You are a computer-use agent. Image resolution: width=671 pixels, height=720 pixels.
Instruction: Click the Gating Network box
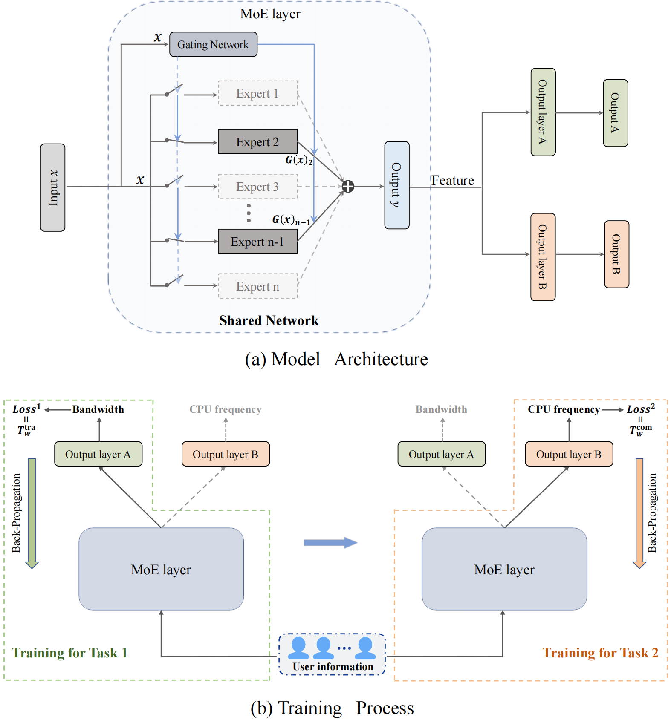click(x=213, y=44)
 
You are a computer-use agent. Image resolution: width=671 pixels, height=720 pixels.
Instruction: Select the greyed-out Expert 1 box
click(x=257, y=93)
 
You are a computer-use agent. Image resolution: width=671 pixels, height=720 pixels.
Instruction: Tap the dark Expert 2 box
click(x=257, y=141)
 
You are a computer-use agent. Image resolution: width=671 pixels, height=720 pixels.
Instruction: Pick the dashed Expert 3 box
click(x=257, y=187)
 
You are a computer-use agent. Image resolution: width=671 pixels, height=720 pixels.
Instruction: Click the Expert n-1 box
click(x=257, y=242)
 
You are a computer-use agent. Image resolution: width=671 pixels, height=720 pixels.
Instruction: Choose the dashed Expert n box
click(x=257, y=286)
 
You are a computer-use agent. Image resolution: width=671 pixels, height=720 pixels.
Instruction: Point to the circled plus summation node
click(x=348, y=187)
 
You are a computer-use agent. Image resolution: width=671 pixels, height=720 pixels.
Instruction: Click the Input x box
click(x=53, y=187)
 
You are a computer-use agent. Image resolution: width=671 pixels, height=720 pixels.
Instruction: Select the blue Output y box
click(x=396, y=185)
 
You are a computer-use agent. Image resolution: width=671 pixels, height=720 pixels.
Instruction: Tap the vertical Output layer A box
click(x=543, y=112)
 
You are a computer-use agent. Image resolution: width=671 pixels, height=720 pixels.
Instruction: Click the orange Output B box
click(x=616, y=254)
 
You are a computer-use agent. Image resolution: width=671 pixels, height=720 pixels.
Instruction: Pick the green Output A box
click(x=615, y=113)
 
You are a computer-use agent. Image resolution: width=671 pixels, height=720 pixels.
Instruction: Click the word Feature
click(x=453, y=181)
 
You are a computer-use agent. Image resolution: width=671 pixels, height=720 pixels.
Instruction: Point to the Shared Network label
click(x=269, y=320)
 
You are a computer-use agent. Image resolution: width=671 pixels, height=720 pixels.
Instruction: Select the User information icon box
click(x=332, y=654)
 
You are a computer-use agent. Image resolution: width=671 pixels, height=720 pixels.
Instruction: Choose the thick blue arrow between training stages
click(x=330, y=542)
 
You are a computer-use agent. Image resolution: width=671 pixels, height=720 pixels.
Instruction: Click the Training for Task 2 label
click(x=600, y=653)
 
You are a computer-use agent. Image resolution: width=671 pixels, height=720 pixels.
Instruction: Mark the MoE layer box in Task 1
click(x=161, y=569)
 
